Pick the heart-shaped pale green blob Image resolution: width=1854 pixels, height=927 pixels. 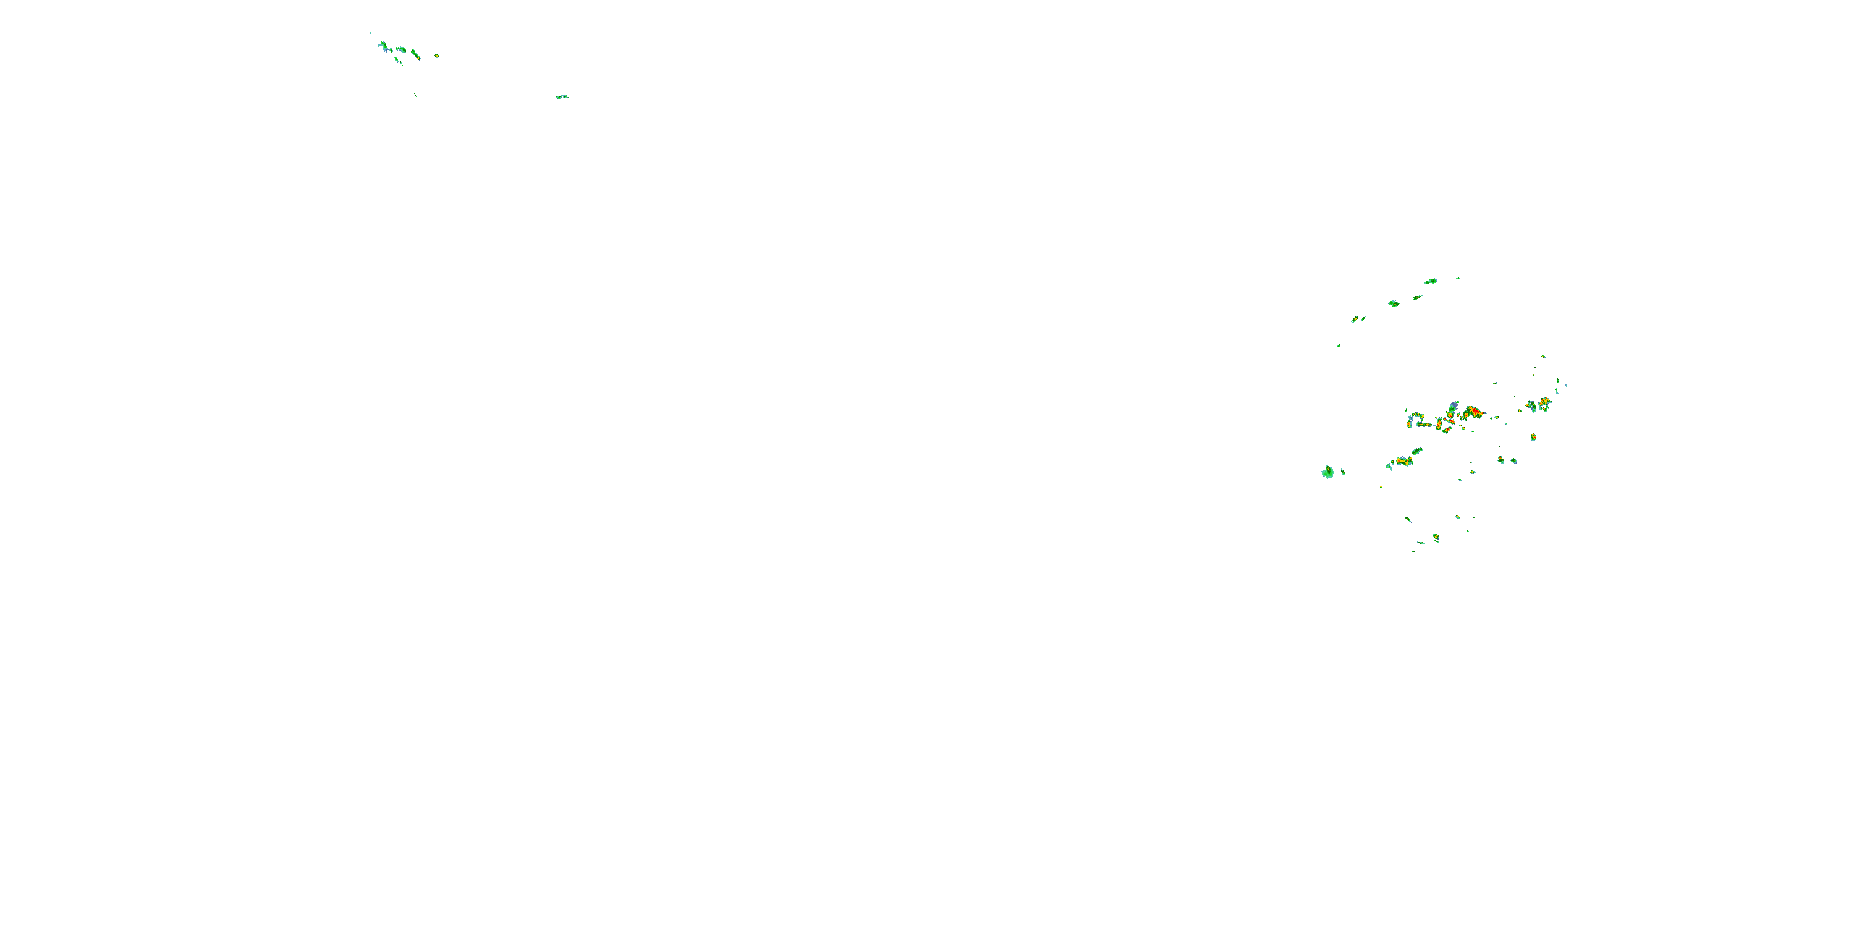(1327, 472)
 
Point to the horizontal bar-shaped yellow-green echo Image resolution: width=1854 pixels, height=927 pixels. (1424, 425)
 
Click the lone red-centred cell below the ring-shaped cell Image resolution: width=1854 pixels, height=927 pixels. (1534, 437)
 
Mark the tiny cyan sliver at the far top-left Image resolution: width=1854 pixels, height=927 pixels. (371, 32)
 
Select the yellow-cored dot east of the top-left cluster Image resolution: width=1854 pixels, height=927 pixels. (436, 56)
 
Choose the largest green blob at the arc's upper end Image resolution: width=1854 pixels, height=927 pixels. (1430, 281)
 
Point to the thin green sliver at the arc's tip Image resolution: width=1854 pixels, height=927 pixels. (1457, 279)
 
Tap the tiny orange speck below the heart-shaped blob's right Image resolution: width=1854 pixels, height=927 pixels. (1381, 487)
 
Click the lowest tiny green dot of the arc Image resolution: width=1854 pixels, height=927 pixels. (1339, 345)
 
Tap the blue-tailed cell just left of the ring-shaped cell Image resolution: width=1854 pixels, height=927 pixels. (1531, 407)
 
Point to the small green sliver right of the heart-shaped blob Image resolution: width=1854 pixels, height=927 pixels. (1343, 473)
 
